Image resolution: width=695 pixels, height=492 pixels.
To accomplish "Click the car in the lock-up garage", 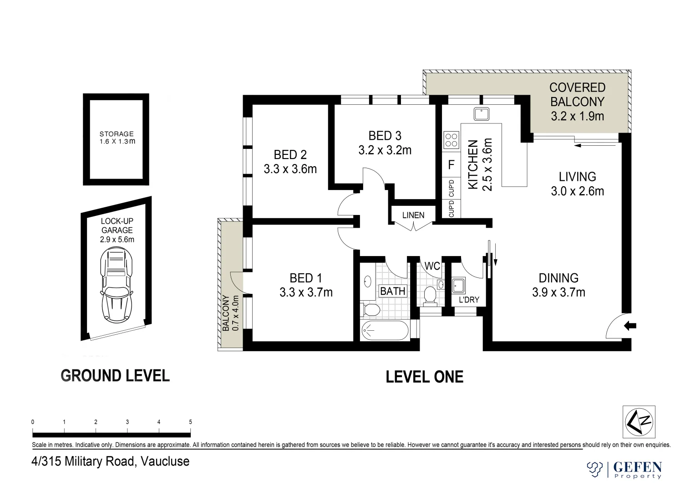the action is click(117, 285).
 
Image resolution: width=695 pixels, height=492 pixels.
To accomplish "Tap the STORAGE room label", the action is click(117, 134).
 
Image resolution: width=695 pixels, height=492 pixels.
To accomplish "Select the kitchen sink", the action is click(481, 114).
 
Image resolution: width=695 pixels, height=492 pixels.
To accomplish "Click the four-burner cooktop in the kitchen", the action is click(451, 140).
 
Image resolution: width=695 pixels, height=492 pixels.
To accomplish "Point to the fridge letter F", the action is click(451, 164).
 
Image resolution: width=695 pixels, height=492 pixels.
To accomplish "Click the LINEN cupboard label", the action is click(413, 215).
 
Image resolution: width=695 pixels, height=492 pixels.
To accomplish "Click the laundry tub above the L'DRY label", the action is click(458, 286).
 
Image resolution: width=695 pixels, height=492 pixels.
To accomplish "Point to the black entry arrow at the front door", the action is click(630, 326).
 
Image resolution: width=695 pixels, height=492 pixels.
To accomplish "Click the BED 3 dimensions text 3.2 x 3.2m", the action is click(385, 150).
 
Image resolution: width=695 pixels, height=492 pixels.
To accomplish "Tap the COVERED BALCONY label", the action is click(578, 94).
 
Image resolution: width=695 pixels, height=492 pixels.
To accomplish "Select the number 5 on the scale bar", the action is click(191, 422).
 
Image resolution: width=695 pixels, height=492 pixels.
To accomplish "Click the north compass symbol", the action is click(639, 422).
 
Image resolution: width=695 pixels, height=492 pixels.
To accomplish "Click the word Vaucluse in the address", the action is click(165, 461).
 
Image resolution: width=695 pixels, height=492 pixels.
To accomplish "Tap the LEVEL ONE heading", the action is click(425, 377).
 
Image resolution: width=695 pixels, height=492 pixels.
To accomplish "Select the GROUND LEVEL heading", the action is click(115, 375).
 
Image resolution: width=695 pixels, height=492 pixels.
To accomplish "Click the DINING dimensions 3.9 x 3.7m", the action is click(559, 292).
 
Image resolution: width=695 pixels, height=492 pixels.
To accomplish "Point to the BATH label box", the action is click(393, 291).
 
